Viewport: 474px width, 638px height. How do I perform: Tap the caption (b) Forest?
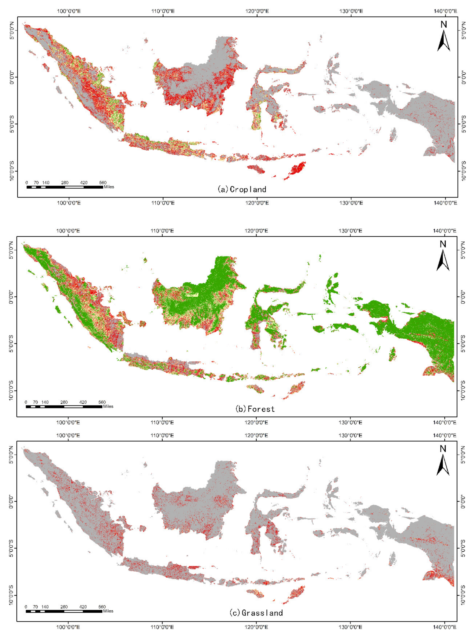(255, 409)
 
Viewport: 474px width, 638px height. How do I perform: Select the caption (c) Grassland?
(256, 613)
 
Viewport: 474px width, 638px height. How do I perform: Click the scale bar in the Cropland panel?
(65, 187)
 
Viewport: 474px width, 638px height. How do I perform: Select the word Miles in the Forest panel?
(108, 406)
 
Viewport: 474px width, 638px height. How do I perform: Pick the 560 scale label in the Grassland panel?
(102, 607)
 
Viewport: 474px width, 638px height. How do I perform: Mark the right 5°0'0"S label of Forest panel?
(462, 344)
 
